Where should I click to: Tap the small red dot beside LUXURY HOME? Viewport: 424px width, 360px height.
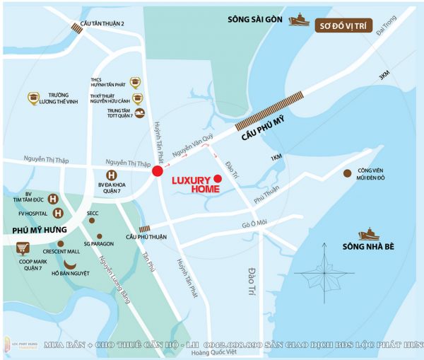[218, 179]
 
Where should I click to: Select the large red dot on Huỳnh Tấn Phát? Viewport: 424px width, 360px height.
[157, 172]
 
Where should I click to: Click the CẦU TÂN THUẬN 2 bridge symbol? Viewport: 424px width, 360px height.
[77, 28]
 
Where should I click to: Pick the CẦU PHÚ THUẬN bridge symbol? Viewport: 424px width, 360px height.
[144, 228]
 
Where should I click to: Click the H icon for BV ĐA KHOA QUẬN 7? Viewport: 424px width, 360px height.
[111, 175]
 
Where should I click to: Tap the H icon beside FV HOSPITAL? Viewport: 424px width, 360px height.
[56, 211]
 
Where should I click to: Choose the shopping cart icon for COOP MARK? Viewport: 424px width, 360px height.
[24, 248]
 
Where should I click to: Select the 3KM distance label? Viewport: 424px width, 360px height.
[384, 77]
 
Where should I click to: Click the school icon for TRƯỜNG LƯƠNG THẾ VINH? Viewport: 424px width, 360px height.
[33, 98]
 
